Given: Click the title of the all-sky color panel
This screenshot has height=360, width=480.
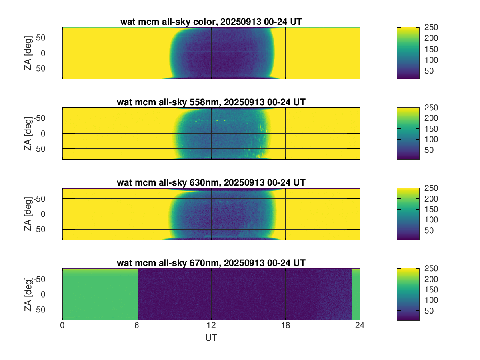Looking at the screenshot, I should [211, 22].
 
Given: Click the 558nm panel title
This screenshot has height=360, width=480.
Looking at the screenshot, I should [211, 102].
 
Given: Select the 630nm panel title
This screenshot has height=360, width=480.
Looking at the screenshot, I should [211, 183].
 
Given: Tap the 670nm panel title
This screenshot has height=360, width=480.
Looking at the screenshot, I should [211, 263].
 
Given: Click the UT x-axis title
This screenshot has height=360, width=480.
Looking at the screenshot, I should [211, 338].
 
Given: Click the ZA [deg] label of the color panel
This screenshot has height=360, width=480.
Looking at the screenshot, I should [28, 53].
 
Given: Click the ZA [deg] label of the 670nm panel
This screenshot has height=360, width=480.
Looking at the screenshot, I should [28, 294].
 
